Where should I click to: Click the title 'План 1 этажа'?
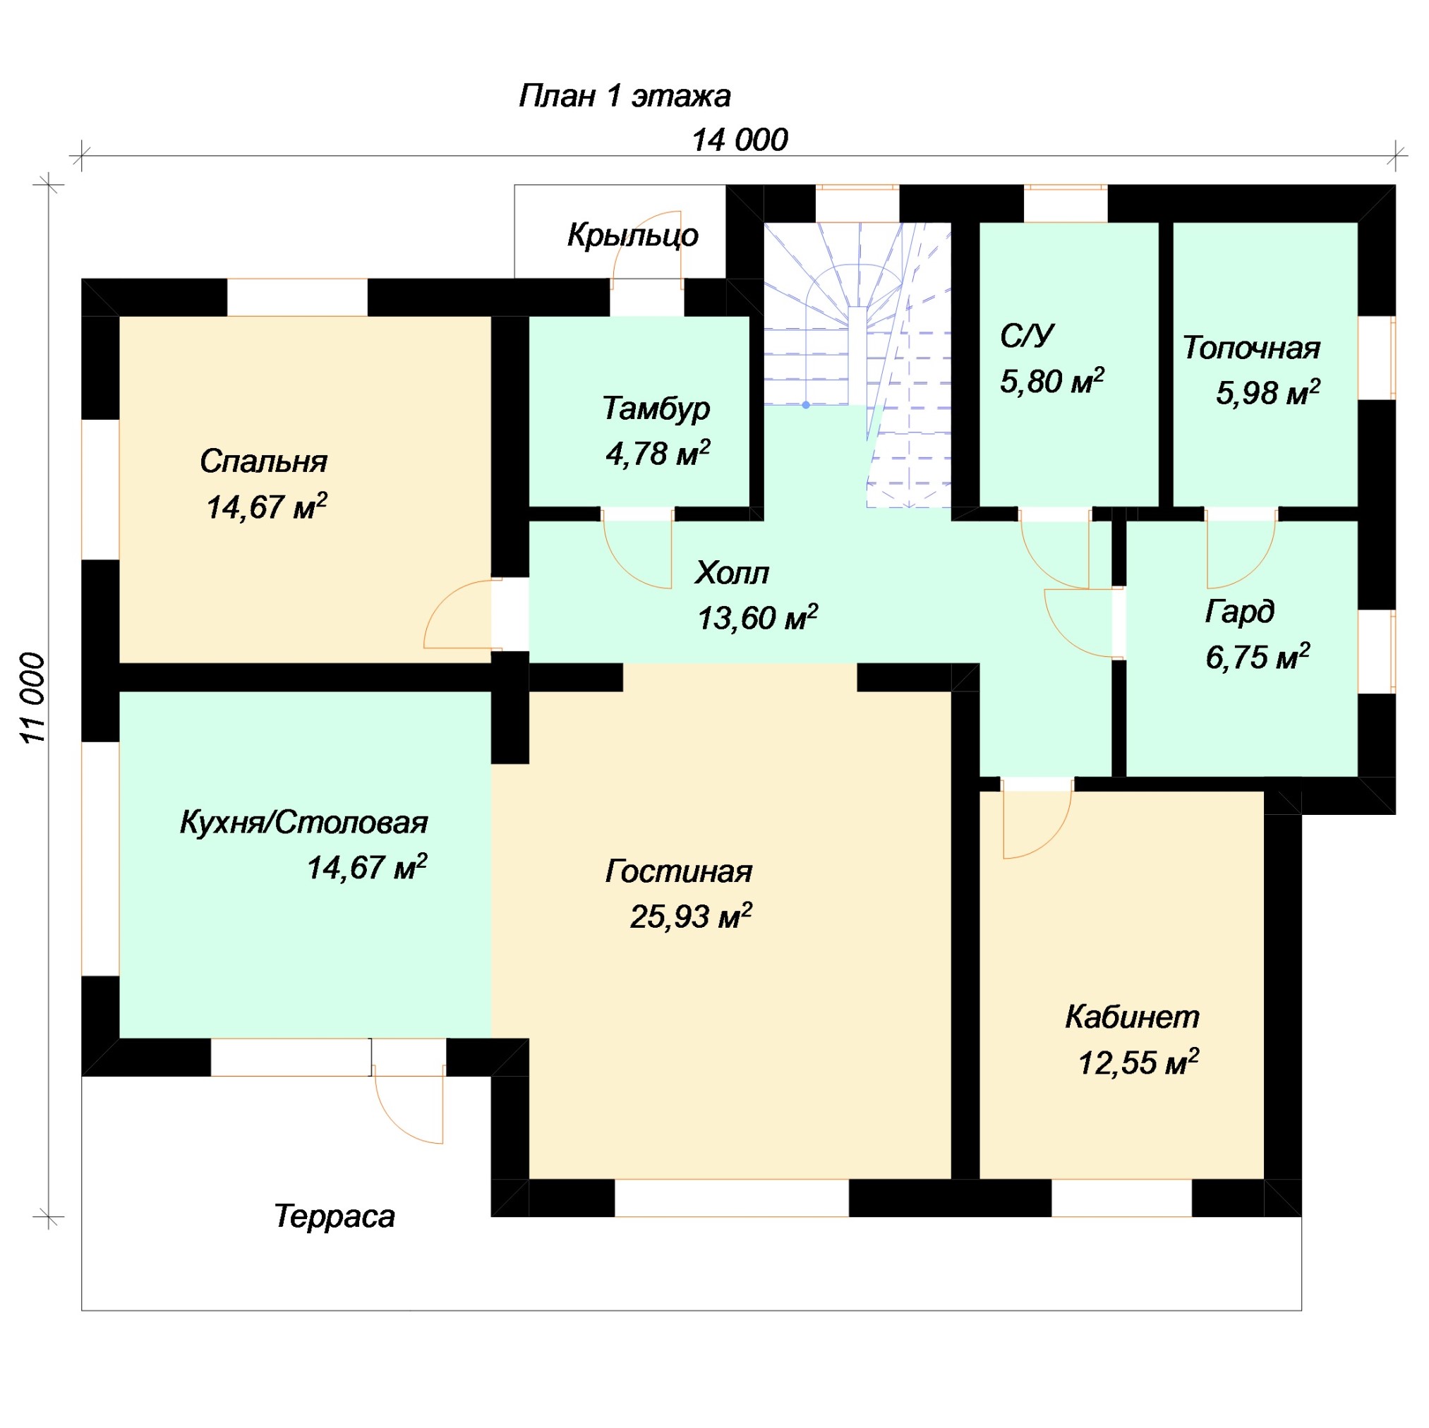(625, 96)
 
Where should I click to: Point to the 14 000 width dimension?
(740, 140)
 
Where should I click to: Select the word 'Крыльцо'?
(632, 235)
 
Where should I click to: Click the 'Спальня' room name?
(263, 461)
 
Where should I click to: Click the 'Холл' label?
(732, 572)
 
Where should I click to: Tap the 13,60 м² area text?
(757, 617)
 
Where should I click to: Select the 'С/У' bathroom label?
(1027, 336)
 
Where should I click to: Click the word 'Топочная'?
(1251, 348)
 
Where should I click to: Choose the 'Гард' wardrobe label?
(1240, 612)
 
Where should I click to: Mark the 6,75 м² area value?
(1258, 657)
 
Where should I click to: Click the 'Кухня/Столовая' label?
(304, 823)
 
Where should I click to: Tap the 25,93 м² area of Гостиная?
(691, 916)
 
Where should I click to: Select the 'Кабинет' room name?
(1133, 1017)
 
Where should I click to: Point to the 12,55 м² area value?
(1138, 1063)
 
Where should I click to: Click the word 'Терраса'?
(334, 1216)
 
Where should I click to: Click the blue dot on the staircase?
(805, 405)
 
